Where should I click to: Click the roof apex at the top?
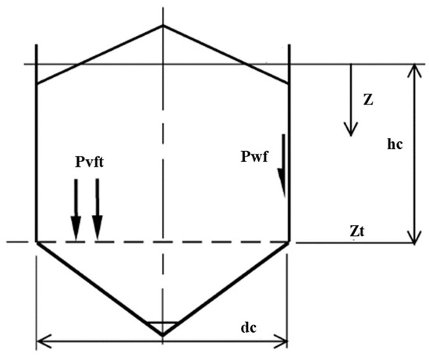(x=162, y=25)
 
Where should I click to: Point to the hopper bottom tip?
(x=162, y=335)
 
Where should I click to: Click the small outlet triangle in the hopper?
(x=162, y=325)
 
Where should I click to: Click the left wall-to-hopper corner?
(x=37, y=242)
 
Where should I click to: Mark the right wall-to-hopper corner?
(x=289, y=242)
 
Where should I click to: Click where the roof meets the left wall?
(x=37, y=82)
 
